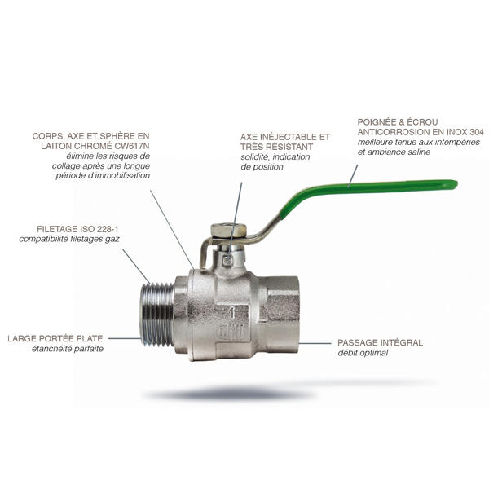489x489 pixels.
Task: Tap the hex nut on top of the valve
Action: [228, 231]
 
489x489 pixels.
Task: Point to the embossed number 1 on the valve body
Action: [232, 314]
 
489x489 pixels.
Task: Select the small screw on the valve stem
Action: [228, 260]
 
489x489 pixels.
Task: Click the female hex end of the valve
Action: [279, 315]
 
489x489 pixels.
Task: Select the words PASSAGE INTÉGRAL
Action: [380, 343]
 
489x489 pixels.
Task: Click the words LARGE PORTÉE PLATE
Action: [55, 339]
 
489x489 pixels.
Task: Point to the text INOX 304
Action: [465, 132]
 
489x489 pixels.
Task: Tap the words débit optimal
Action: [363, 353]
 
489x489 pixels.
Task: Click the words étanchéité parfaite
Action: [68, 349]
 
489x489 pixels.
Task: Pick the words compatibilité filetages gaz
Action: [69, 239]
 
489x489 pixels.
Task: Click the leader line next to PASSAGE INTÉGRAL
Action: [315, 343]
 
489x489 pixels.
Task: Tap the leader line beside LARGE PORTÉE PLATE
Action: [124, 338]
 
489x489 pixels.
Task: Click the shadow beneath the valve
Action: [229, 394]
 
